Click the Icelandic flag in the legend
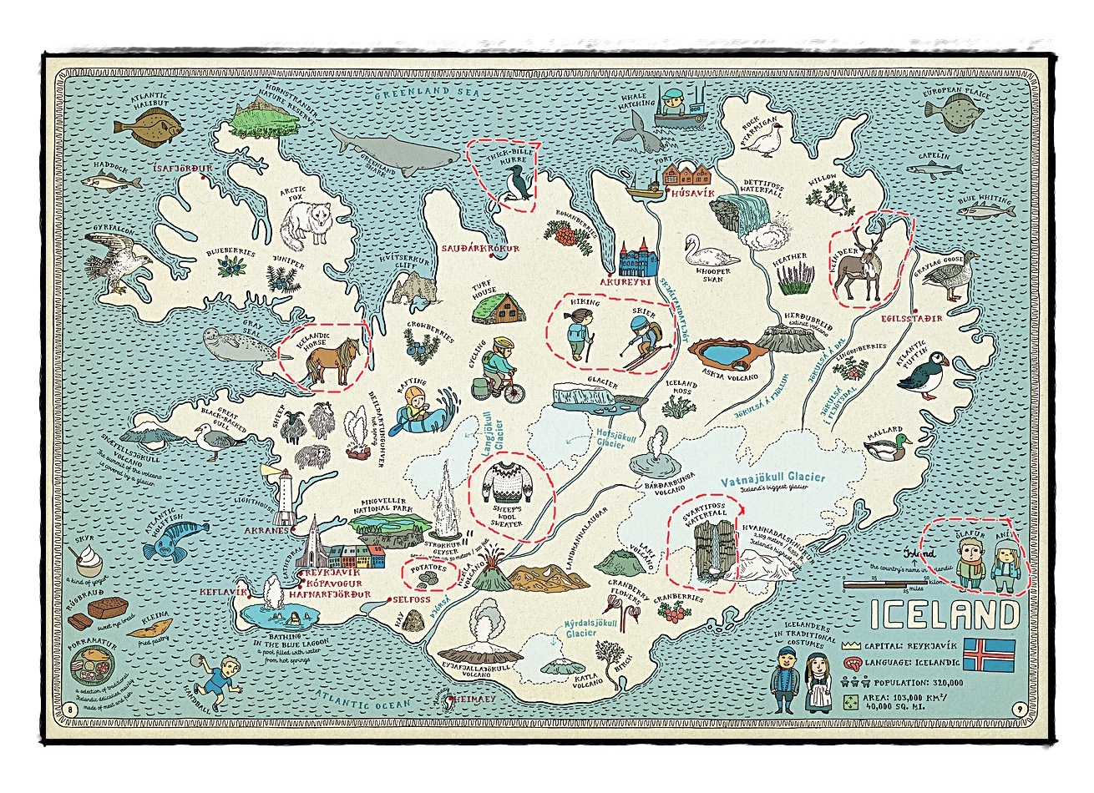[989, 655]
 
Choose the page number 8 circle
[70, 710]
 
